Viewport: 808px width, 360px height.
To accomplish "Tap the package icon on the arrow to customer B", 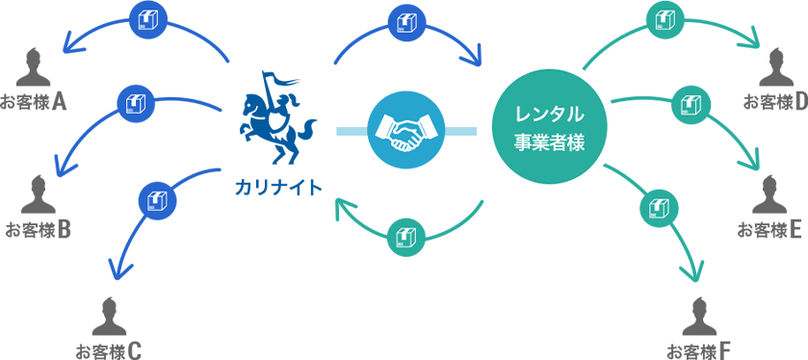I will (x=132, y=101).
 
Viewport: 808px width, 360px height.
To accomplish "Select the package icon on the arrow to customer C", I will (x=154, y=200).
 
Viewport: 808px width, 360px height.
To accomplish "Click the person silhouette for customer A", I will (x=34, y=68).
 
